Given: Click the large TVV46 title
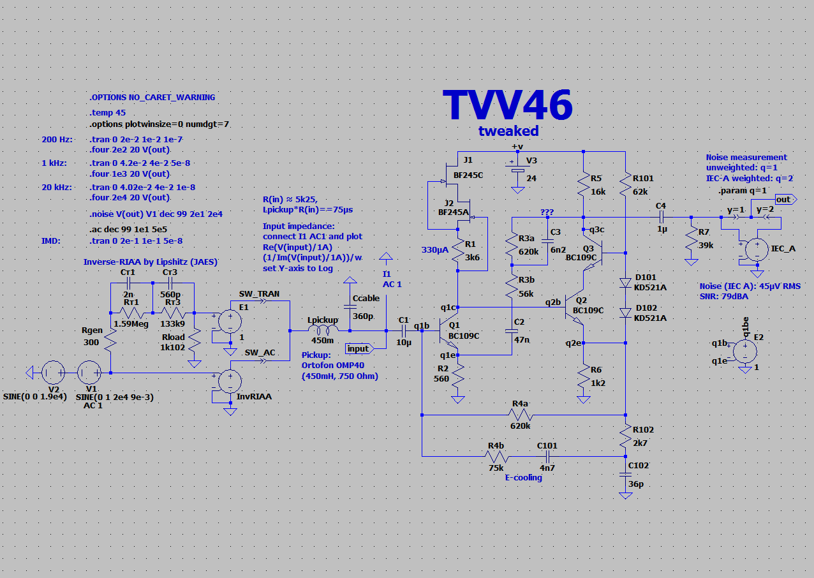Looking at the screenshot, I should click(x=508, y=105).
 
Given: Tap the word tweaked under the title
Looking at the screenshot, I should click(x=508, y=131).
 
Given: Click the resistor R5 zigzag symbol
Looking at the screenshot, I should click(x=583, y=186).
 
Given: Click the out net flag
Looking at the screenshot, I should click(x=783, y=199).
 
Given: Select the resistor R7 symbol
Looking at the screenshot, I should click(x=691, y=241).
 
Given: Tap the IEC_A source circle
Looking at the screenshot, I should click(x=756, y=249).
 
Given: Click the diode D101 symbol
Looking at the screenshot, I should click(x=625, y=283).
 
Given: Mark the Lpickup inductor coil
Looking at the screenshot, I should click(x=323, y=330).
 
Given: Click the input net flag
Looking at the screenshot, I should click(x=358, y=348).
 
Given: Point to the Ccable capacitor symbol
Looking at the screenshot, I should click(x=350, y=307).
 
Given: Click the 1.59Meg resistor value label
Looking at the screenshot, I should click(x=131, y=323).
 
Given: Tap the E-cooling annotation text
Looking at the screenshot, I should click(x=523, y=477).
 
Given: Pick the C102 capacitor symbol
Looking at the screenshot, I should click(x=625, y=474).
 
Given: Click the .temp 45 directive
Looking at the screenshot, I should click(x=108, y=113).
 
